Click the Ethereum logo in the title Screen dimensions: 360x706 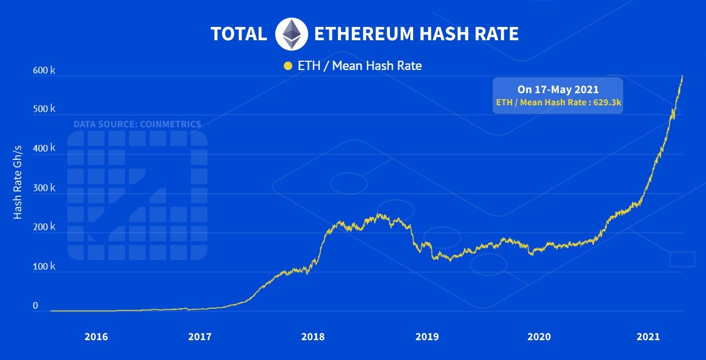click(x=291, y=34)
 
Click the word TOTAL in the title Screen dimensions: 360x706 click(x=238, y=34)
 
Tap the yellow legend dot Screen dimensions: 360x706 click(x=287, y=66)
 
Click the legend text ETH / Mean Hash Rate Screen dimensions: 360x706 click(x=360, y=66)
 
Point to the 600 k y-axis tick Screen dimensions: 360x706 click(x=45, y=71)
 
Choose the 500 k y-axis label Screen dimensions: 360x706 click(x=45, y=109)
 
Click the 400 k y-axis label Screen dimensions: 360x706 click(x=45, y=148)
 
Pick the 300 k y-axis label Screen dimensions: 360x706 click(x=45, y=188)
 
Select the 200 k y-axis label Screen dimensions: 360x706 click(x=45, y=227)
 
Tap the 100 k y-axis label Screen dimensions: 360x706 click(x=45, y=266)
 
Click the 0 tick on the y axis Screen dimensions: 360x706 click(x=35, y=305)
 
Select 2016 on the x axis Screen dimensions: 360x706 click(x=96, y=336)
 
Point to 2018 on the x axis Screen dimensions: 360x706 click(x=313, y=336)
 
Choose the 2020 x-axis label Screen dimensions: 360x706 click(x=539, y=336)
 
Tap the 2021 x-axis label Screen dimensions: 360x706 click(x=648, y=336)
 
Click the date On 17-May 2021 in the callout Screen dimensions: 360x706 click(x=558, y=89)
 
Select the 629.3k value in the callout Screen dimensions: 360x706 click(x=608, y=102)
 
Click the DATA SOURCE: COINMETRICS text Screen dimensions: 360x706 click(x=137, y=124)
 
